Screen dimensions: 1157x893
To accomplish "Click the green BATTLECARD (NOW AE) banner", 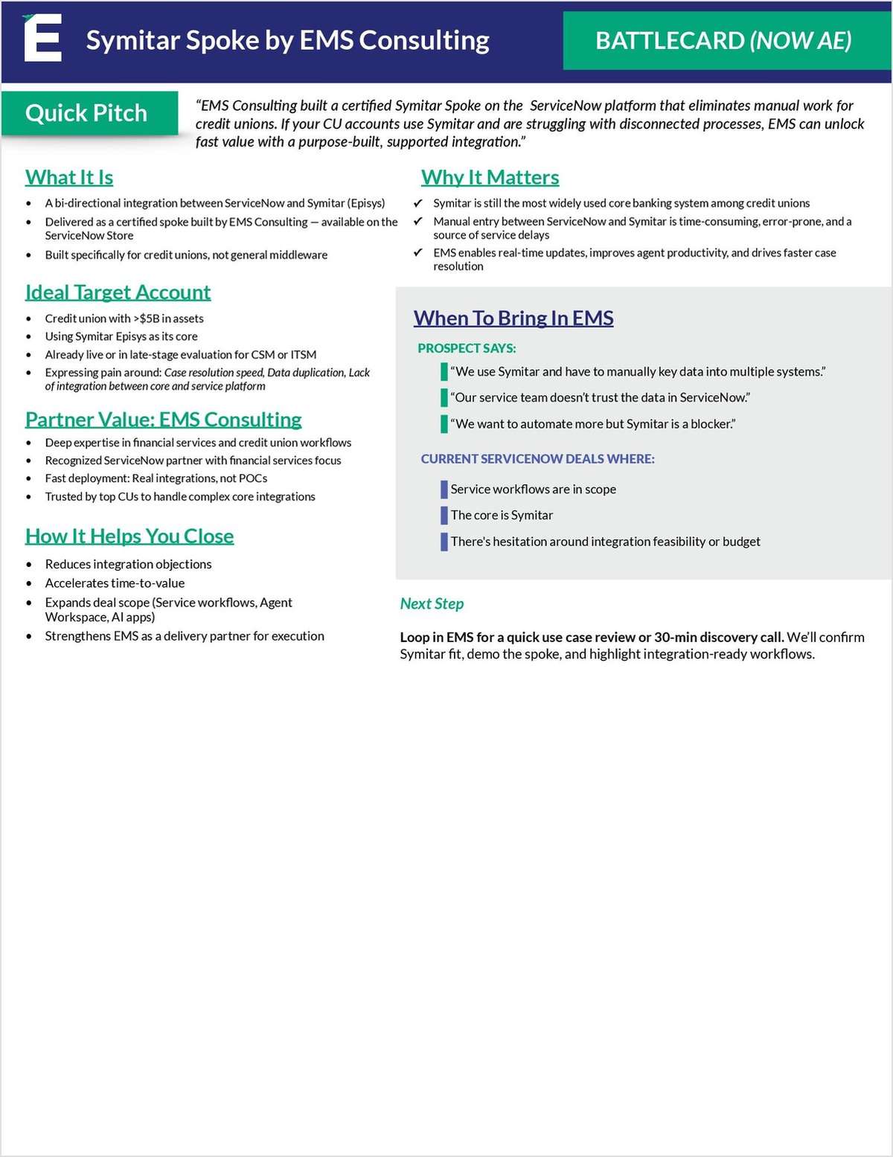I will pyautogui.click(x=723, y=40).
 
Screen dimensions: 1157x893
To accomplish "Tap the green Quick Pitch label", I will pyautogui.click(x=86, y=113).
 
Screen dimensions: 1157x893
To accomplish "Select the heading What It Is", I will pyautogui.click(x=69, y=177).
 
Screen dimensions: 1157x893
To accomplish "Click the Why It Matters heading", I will pyautogui.click(x=490, y=177).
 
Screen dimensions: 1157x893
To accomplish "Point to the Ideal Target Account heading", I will pyautogui.click(x=118, y=292).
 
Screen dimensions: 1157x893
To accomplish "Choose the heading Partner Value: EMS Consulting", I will pyautogui.click(x=163, y=419).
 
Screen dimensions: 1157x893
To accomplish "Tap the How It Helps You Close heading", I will pyautogui.click(x=129, y=536).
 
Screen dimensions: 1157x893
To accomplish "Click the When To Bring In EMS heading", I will pyautogui.click(x=513, y=318).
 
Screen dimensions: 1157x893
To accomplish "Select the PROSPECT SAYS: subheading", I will pyautogui.click(x=467, y=348).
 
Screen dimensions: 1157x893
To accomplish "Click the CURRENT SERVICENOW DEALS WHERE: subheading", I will pyautogui.click(x=537, y=459).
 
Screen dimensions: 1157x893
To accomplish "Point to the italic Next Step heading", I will pyautogui.click(x=432, y=603).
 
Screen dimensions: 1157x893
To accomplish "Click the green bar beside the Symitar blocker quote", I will pyautogui.click(x=444, y=424).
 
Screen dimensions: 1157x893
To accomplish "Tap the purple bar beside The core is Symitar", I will pyautogui.click(x=444, y=516).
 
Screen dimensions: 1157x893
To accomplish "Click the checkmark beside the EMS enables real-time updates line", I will pyautogui.click(x=418, y=253).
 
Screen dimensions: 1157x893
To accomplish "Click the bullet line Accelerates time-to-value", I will pyautogui.click(x=115, y=583).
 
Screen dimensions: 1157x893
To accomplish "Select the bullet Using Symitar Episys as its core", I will pyautogui.click(x=121, y=336).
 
